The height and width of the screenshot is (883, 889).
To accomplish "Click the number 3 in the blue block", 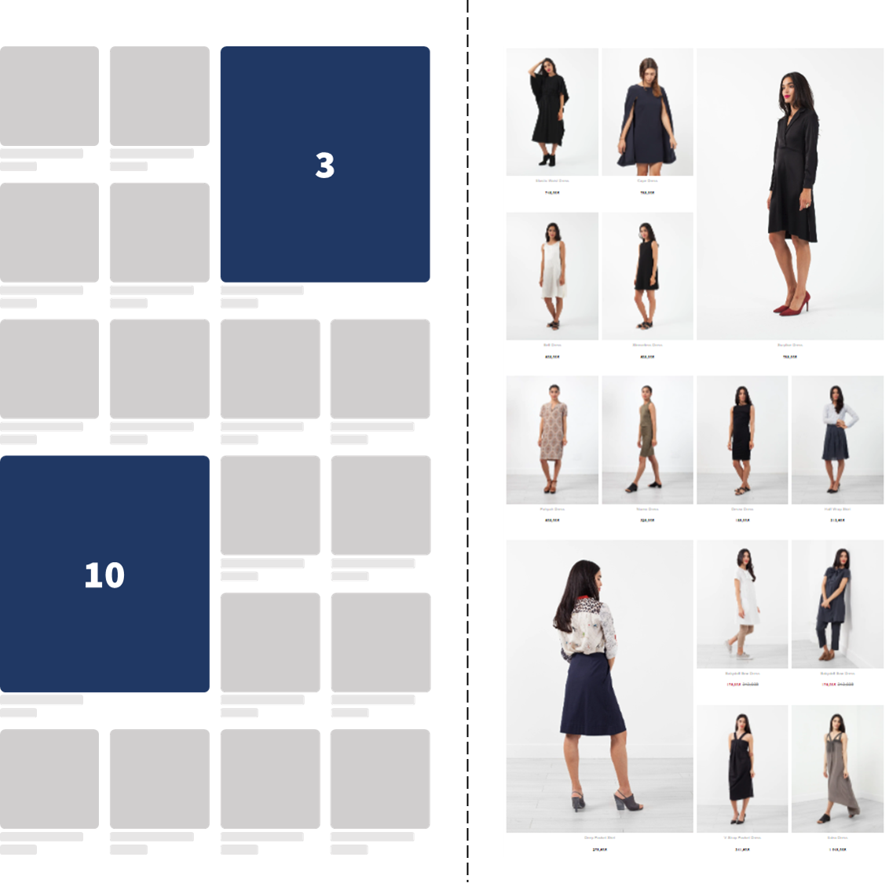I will coord(324,165).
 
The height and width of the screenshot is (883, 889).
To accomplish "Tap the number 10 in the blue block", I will coord(104,575).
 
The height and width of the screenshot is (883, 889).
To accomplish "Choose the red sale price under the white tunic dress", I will coord(734,684).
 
